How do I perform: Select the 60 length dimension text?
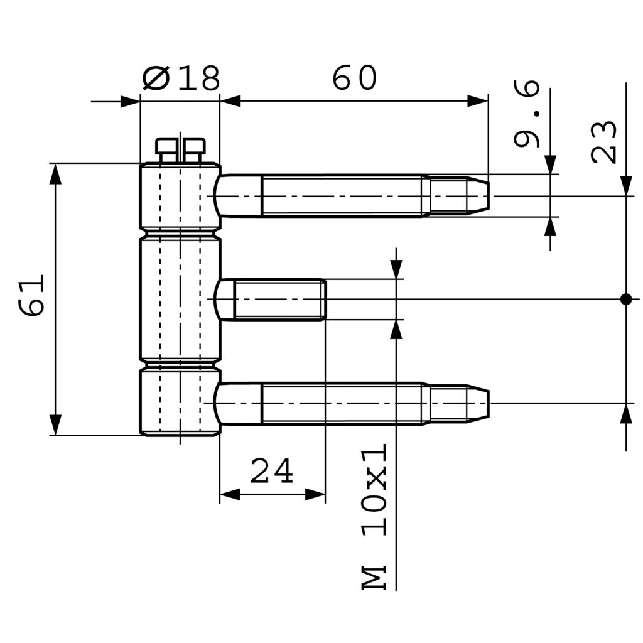point(354,78)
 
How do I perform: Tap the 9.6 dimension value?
point(526,114)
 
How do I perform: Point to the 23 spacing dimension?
point(604,142)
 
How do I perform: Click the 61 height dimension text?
point(31,294)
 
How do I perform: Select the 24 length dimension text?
point(271,472)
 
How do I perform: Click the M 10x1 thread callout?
point(375,516)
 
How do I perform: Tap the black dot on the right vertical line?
point(625,299)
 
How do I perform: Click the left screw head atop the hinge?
point(166,148)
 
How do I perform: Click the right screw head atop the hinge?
point(194,148)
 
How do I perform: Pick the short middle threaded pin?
point(276,300)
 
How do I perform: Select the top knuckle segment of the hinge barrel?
point(180,195)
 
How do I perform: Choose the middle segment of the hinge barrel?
point(180,299)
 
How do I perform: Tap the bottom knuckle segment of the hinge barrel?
point(180,402)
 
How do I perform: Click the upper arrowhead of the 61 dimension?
point(56,173)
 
